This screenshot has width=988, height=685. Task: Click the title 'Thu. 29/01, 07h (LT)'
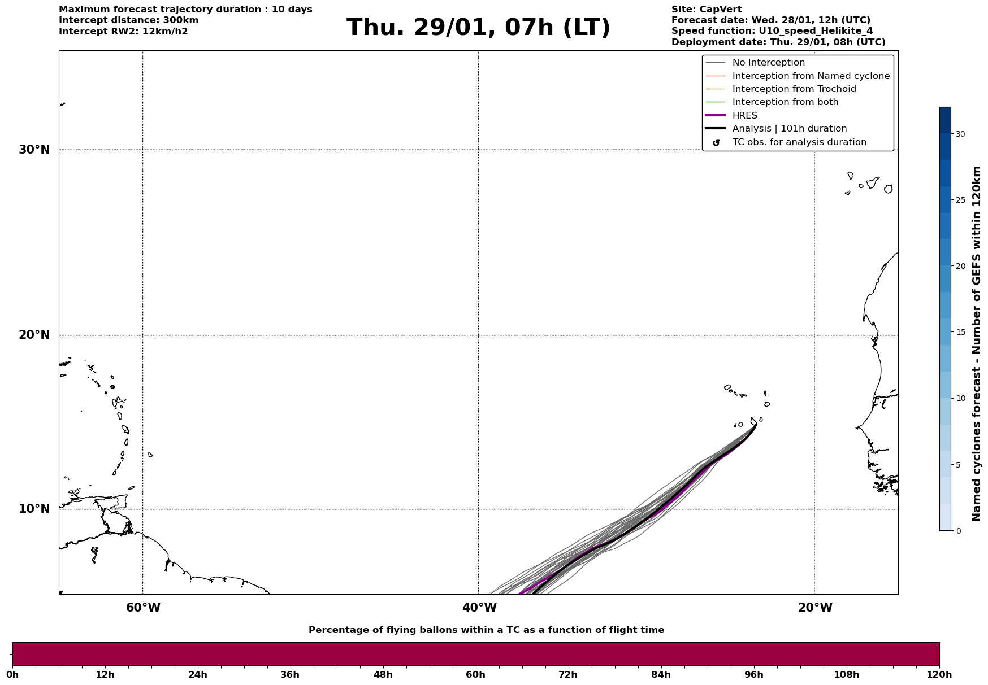click(478, 28)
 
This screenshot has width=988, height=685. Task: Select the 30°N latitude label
click(34, 150)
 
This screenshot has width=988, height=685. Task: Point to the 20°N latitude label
click(34, 335)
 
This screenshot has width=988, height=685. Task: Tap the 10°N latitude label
click(34, 509)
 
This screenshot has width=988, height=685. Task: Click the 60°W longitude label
click(143, 608)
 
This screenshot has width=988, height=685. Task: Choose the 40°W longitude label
click(479, 608)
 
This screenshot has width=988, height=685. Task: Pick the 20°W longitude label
click(815, 608)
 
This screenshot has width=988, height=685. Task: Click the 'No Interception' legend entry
click(768, 63)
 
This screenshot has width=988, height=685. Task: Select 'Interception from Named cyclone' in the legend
click(811, 76)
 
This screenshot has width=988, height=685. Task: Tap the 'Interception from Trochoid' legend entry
click(794, 89)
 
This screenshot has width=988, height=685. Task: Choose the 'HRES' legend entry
click(744, 116)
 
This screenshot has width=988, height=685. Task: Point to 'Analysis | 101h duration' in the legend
click(789, 129)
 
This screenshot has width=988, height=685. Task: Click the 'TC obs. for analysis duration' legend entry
click(799, 142)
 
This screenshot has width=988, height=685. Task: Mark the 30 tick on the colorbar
click(960, 134)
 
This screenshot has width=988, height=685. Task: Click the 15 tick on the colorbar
click(960, 332)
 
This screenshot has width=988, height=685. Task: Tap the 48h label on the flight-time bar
click(383, 675)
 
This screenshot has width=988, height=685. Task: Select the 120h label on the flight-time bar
click(939, 675)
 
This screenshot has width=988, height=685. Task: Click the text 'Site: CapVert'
click(706, 10)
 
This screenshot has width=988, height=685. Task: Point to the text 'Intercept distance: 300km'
click(128, 20)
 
